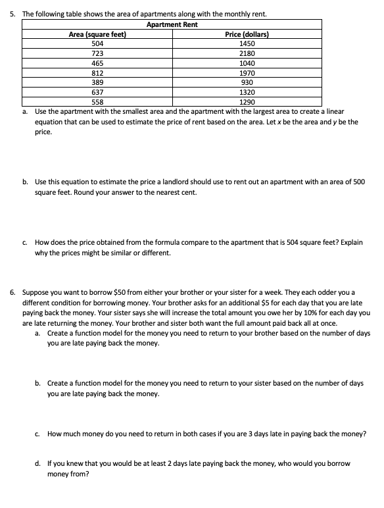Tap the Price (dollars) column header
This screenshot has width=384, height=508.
pos(247,34)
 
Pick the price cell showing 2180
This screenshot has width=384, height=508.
pos(247,53)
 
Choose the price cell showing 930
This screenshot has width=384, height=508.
pos(247,83)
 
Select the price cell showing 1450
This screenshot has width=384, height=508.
pos(247,43)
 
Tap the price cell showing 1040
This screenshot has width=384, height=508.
pos(247,63)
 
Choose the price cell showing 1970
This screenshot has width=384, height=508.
pos(247,73)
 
